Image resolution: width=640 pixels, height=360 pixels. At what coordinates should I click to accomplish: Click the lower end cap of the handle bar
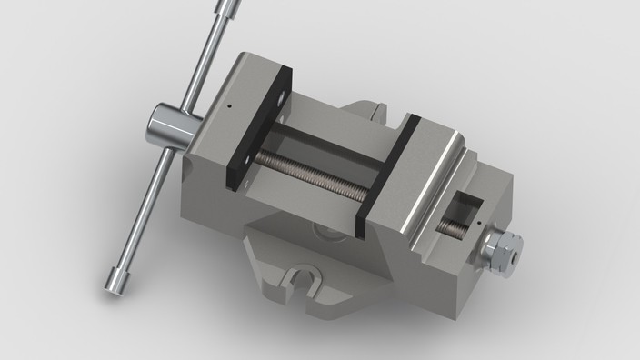click(115, 281)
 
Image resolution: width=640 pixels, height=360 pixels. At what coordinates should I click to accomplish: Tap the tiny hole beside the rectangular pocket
click(477, 219)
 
